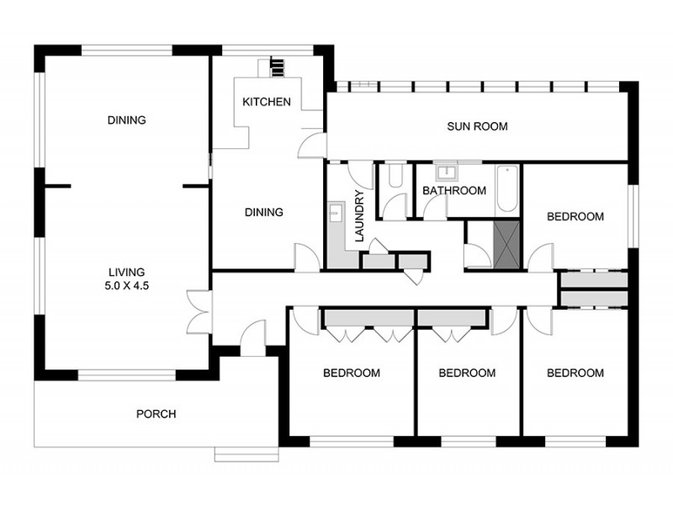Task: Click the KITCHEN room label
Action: (x=267, y=102)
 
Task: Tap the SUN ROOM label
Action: (x=477, y=126)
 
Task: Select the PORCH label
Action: (x=156, y=414)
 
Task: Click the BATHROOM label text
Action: (x=454, y=191)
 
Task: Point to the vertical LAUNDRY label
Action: (x=360, y=216)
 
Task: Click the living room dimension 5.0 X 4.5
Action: (x=127, y=285)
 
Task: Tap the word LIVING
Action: (x=127, y=272)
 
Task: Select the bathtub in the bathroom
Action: (x=507, y=189)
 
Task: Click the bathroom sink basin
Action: (x=447, y=173)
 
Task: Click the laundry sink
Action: (x=335, y=213)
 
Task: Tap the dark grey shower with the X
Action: (x=506, y=245)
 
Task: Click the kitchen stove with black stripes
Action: (x=278, y=68)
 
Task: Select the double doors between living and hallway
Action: (x=199, y=312)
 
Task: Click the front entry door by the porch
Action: (x=253, y=338)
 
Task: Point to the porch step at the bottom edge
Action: (x=246, y=454)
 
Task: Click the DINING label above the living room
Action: (x=127, y=120)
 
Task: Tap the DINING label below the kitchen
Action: (x=264, y=212)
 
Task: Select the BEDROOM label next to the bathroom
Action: (x=575, y=216)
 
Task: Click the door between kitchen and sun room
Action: (x=311, y=145)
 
